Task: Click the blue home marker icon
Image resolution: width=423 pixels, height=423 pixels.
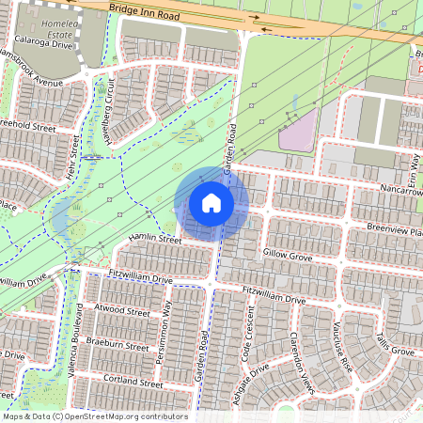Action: [211, 202]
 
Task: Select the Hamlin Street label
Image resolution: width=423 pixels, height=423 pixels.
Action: [156, 241]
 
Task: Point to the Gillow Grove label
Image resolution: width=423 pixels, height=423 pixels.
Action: [288, 254]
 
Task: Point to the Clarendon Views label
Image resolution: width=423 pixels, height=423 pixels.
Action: [306, 362]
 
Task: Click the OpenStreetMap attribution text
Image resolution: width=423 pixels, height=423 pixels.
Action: [94, 416]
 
